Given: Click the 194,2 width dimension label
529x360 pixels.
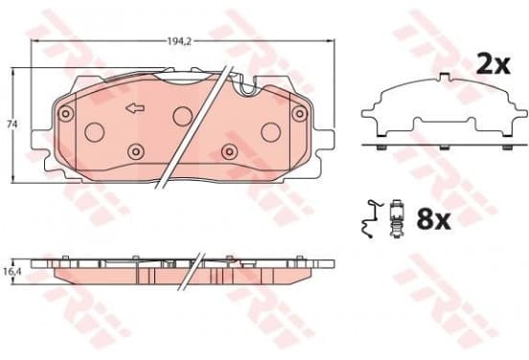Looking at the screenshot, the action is (179, 41).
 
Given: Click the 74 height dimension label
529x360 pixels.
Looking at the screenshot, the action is (12, 124).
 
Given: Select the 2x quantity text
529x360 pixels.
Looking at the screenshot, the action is (493, 64).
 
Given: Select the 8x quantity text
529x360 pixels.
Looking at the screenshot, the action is (433, 219).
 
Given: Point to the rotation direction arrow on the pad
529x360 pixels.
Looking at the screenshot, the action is (135, 108).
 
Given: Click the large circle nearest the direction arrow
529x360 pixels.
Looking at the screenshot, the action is (182, 116).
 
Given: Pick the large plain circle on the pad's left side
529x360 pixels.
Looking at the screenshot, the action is (94, 132).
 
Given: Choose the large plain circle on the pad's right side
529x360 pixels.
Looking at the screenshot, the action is (271, 132).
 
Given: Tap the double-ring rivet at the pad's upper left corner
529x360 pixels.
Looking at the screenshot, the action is (66, 113).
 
